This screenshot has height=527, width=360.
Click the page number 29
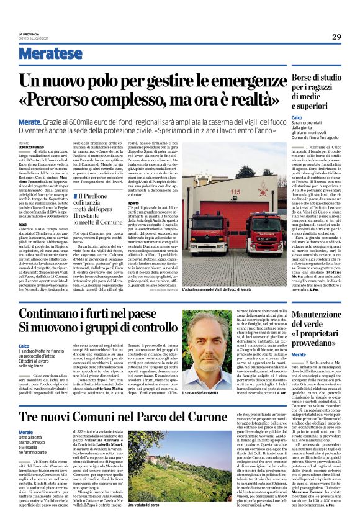[336, 36]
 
